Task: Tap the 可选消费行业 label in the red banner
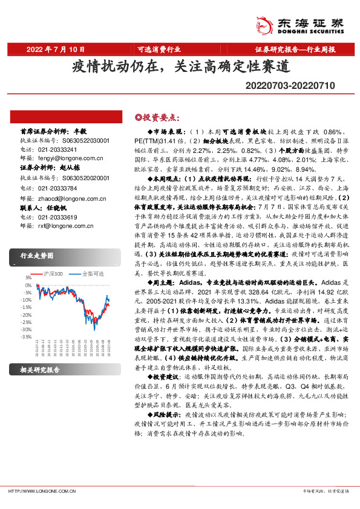[158, 49]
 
